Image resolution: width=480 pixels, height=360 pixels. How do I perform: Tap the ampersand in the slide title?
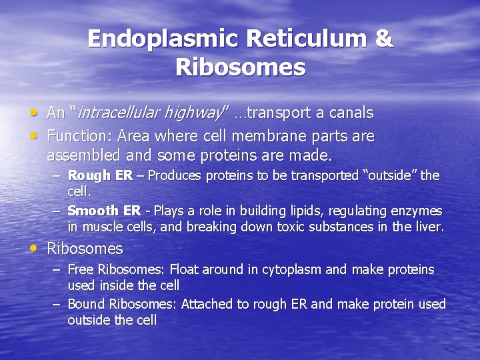click(384, 39)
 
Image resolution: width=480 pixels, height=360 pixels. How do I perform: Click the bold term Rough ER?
click(100, 176)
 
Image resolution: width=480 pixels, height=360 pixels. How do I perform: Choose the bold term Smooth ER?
click(104, 211)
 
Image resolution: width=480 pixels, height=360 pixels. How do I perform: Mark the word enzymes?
click(417, 211)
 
